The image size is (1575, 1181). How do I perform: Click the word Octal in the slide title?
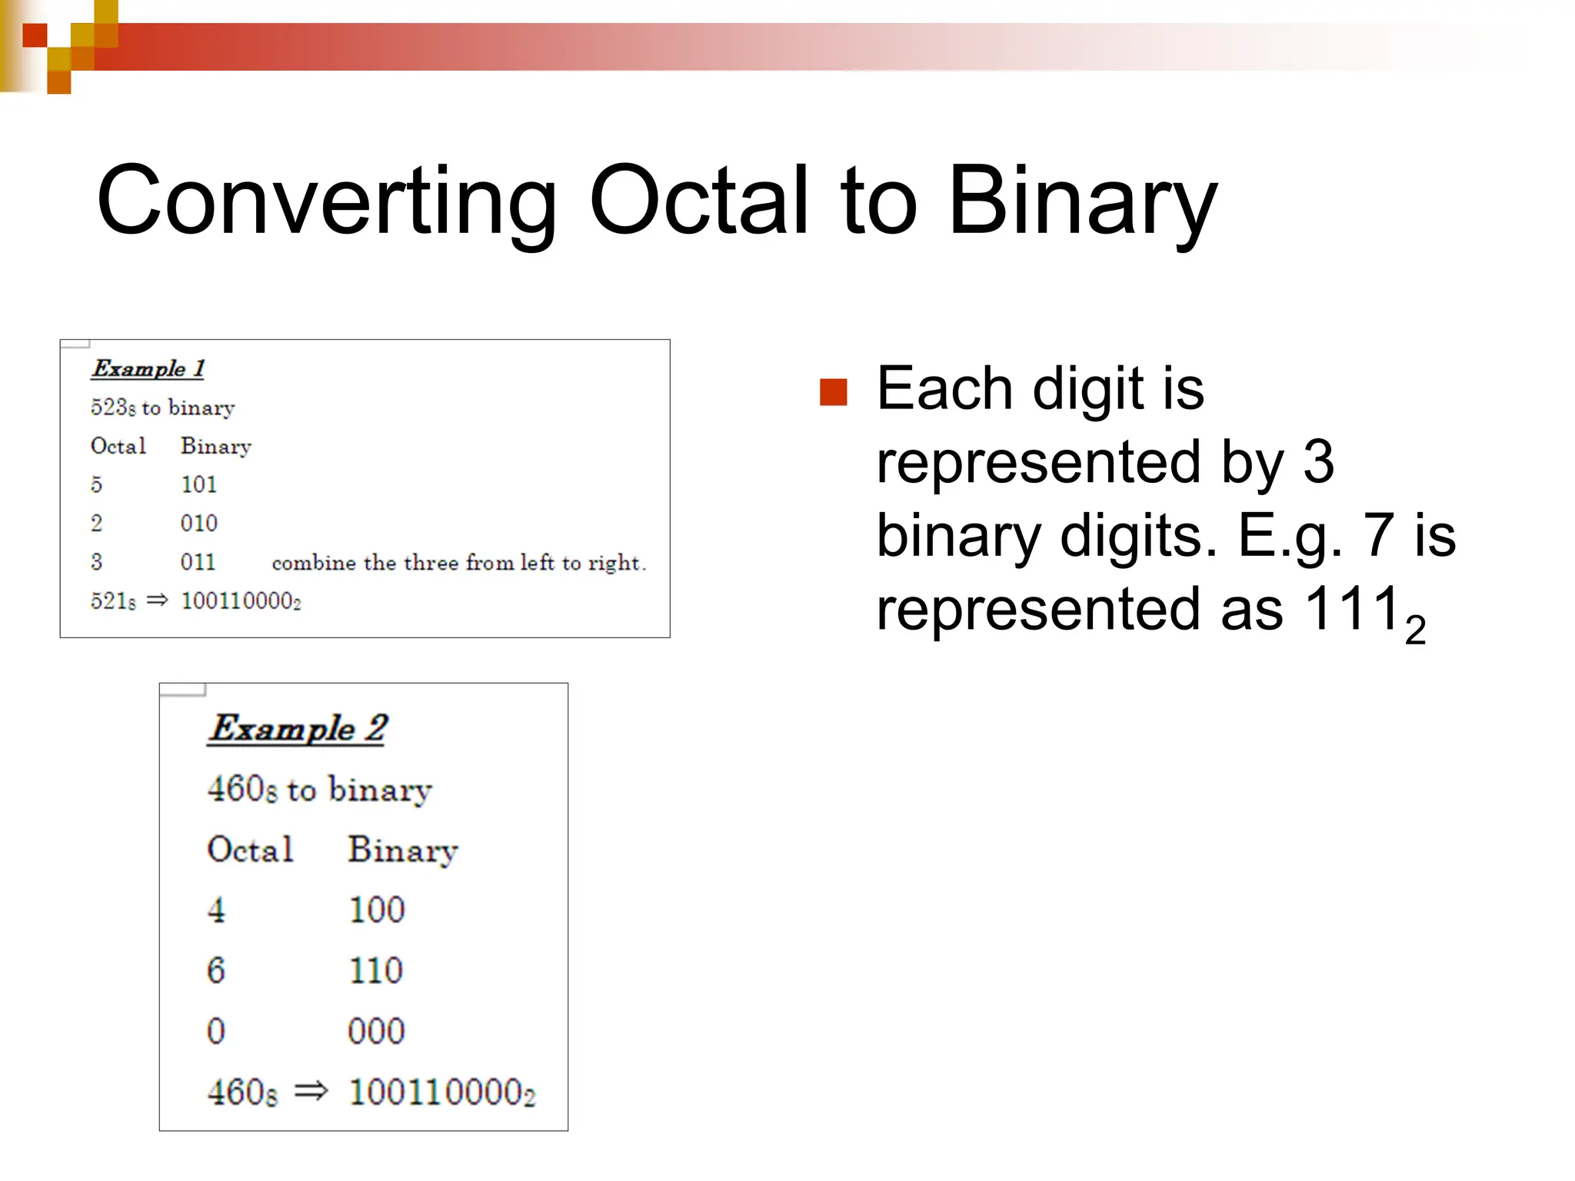tap(699, 201)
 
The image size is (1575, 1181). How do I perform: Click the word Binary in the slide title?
tap(1082, 201)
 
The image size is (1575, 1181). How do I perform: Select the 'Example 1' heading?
tap(148, 368)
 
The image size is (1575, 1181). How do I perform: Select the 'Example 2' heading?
tap(298, 728)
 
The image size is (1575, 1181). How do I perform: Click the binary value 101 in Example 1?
tap(198, 484)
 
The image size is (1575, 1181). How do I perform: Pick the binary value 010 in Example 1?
tap(198, 524)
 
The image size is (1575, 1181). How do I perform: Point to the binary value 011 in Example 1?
tap(198, 562)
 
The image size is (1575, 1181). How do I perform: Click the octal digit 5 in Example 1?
tap(96, 484)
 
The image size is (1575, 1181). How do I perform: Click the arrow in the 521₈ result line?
tap(157, 600)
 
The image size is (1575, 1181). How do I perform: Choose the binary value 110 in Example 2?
tap(375, 970)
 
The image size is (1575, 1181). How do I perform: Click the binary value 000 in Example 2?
tap(375, 1031)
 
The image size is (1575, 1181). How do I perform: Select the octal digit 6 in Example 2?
tap(215, 970)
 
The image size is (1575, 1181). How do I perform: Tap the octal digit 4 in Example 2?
tap(216, 910)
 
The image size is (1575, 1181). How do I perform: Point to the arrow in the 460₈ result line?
tap(311, 1091)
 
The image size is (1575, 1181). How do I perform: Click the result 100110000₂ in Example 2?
tap(441, 1093)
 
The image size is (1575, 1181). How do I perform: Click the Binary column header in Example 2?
tap(402, 850)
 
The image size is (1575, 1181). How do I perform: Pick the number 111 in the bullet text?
tap(1352, 609)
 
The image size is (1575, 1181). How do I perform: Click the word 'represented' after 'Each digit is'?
tap(1038, 463)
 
